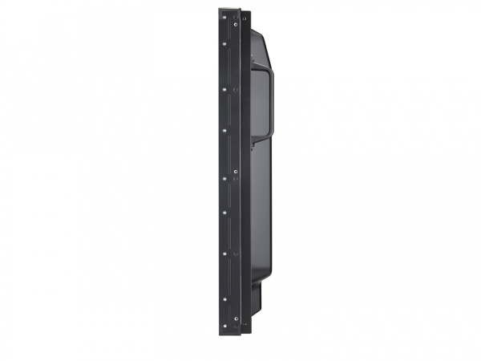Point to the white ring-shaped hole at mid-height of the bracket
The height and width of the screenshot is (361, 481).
pos(236,171)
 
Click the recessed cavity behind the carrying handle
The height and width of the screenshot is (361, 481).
pos(261,100)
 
